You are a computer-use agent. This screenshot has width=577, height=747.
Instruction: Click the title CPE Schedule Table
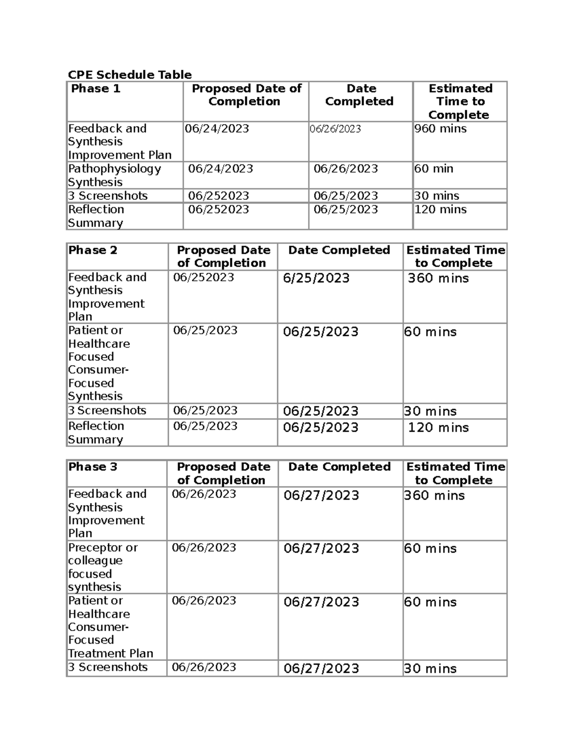129,75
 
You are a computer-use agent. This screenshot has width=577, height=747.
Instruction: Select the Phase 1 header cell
95,89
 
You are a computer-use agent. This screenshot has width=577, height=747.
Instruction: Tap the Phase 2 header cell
93,250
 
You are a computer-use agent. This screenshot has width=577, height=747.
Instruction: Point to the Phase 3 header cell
93,467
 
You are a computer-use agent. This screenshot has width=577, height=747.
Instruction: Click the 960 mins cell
440,129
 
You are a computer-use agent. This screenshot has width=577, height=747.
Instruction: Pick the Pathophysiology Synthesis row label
114,175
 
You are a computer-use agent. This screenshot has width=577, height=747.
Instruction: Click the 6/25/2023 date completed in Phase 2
316,279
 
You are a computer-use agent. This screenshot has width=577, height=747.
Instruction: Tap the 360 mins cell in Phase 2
438,279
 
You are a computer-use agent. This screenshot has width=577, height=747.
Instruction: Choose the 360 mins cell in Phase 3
434,496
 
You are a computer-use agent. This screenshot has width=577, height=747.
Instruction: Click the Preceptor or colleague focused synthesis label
102,567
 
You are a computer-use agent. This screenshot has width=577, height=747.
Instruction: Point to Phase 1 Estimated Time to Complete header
460,101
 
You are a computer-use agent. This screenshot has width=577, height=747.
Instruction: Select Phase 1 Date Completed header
360,95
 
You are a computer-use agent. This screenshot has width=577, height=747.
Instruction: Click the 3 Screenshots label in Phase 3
108,667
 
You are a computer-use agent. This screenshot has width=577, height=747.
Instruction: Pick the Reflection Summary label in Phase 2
96,432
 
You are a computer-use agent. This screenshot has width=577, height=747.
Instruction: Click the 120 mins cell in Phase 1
440,210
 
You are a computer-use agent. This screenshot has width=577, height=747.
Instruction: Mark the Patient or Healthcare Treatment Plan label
110,627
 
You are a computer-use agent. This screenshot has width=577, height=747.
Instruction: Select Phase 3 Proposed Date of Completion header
223,473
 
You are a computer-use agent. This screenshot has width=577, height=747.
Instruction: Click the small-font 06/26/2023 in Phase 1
335,129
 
